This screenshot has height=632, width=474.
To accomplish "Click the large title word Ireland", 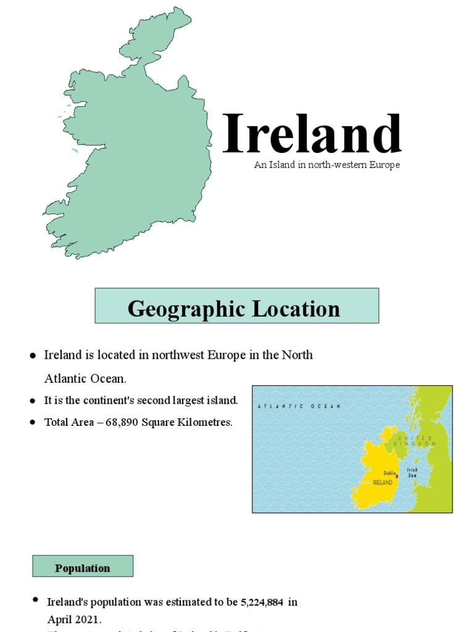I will coord(312,134).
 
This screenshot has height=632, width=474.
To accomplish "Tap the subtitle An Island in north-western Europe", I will coord(326,165).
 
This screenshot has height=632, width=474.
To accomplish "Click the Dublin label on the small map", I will coord(389,473).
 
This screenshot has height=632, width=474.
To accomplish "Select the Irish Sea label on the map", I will coord(412,473).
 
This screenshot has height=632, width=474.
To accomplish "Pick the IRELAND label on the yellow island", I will coord(381,483).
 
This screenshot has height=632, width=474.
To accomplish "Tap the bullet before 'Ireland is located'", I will coord(33,355).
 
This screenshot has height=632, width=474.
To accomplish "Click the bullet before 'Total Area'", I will coord(33,423).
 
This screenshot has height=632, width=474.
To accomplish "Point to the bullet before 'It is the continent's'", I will coord(33,401).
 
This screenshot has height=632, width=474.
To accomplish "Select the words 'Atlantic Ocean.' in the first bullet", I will coord(85,378).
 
